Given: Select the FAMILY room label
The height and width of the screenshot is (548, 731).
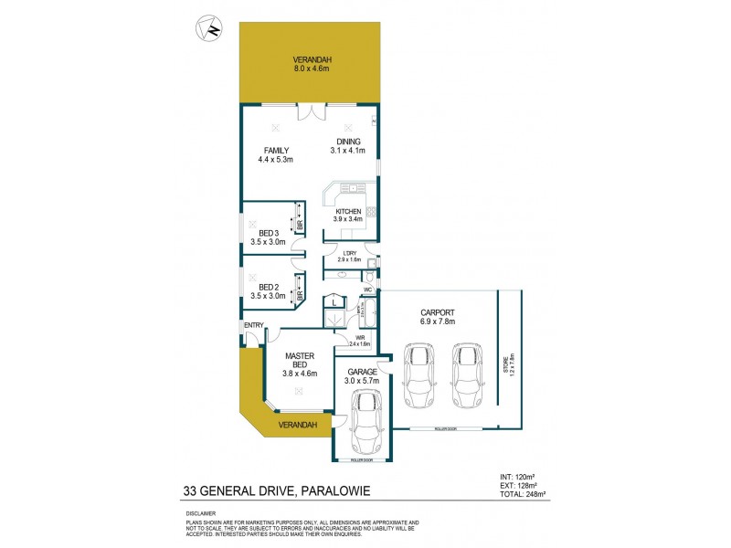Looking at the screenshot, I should [x=276, y=155].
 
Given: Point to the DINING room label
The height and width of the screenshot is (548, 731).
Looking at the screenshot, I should [x=349, y=146].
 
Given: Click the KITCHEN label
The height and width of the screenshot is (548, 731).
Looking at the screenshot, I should [x=348, y=215].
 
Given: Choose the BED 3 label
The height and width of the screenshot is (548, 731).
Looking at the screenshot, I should [x=268, y=237].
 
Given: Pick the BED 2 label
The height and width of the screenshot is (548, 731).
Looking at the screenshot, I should [x=268, y=291].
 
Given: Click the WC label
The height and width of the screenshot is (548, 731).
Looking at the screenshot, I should [x=366, y=290].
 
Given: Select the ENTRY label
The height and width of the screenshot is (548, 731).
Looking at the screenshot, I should [x=252, y=326].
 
